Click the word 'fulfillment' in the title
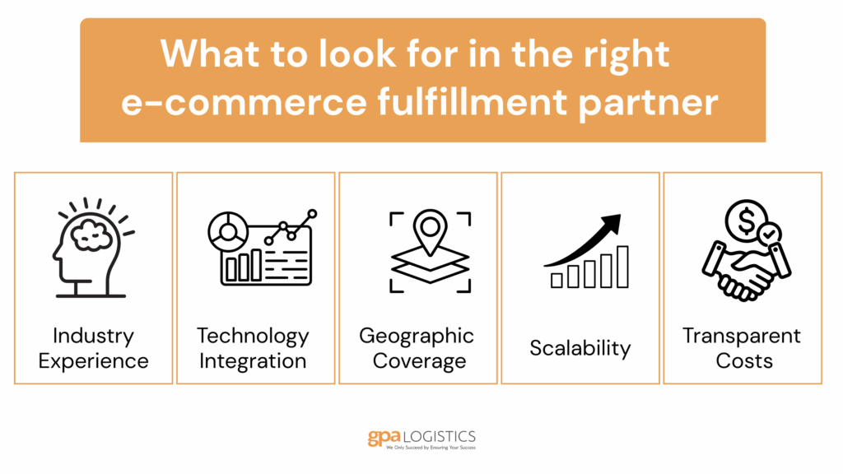point(471,101)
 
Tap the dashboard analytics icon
point(263,248)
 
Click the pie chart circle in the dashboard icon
point(228,231)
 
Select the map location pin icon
point(430,231)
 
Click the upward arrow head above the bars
point(612,224)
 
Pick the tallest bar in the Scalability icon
point(622,267)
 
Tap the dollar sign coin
point(746,221)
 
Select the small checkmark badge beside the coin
point(770,234)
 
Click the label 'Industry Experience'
point(94,348)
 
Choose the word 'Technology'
point(253,337)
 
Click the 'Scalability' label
point(580,348)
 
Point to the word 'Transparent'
point(742,336)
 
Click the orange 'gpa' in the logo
point(384,438)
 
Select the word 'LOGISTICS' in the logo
point(440,436)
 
